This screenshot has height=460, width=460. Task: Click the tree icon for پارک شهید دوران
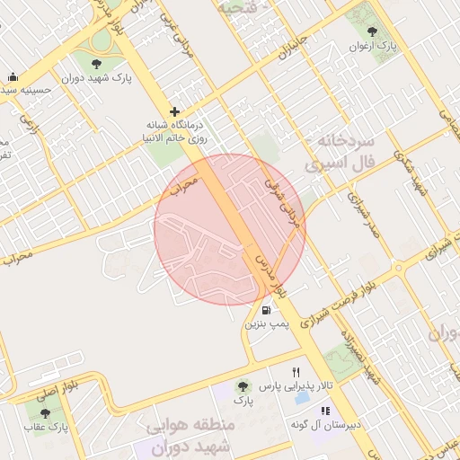[x=97, y=62]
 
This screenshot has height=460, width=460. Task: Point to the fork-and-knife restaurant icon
[x=296, y=372]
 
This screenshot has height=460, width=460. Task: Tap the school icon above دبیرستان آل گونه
[x=325, y=411]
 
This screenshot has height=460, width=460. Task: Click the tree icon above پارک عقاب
[x=45, y=411]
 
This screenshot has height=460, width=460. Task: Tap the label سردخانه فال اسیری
[x=350, y=155]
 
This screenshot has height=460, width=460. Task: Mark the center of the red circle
[x=230, y=229]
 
